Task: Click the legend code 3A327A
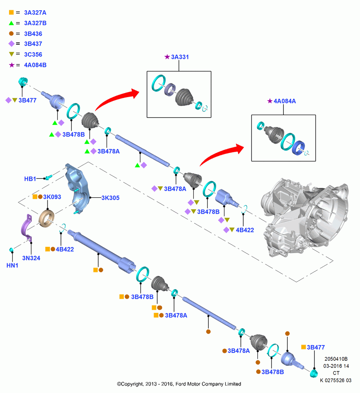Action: tap(35, 13)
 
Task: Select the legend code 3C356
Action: tap(33, 54)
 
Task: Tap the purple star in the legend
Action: tap(11, 65)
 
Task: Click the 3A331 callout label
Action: tap(180, 57)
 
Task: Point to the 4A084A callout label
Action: tap(285, 101)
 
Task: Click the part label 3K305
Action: tap(110, 198)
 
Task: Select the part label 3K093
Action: tap(52, 197)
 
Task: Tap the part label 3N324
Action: tap(31, 258)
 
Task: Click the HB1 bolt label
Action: tap(30, 179)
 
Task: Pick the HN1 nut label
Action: tap(12, 265)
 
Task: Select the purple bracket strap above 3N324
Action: tap(27, 228)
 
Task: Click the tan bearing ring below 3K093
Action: tap(47, 219)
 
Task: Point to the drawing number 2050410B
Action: tap(336, 359)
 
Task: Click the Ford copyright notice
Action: tap(179, 384)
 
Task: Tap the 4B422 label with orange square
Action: tap(65, 249)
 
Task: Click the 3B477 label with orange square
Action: tap(316, 347)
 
